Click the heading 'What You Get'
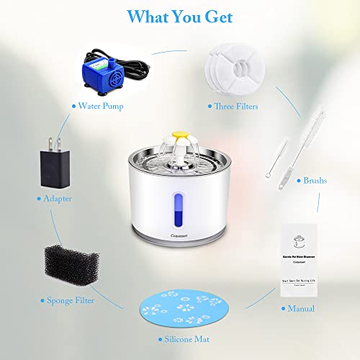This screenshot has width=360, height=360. click(179, 16)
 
